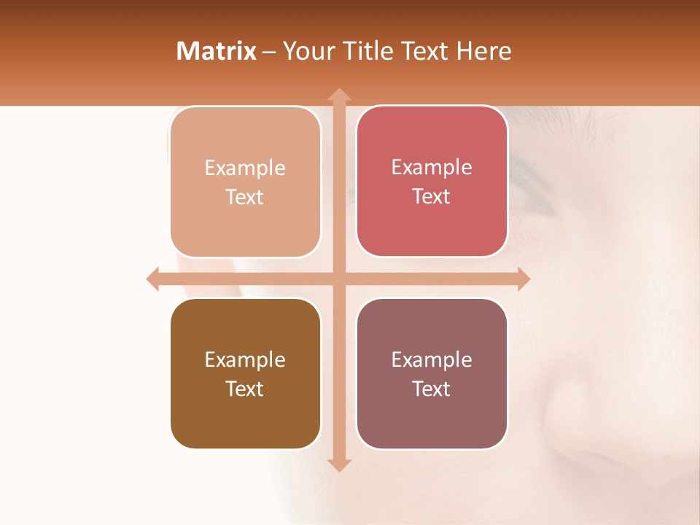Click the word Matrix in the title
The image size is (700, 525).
point(216,51)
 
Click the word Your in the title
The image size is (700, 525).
point(305,51)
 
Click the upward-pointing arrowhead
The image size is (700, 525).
point(338,95)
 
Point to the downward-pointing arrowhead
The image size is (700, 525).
point(338,464)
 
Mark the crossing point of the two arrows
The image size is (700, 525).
point(338,279)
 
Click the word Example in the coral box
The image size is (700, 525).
point(432,167)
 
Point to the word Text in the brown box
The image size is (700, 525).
point(245,389)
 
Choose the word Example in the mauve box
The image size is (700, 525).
point(432,359)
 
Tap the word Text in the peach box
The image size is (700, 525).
point(245,197)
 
